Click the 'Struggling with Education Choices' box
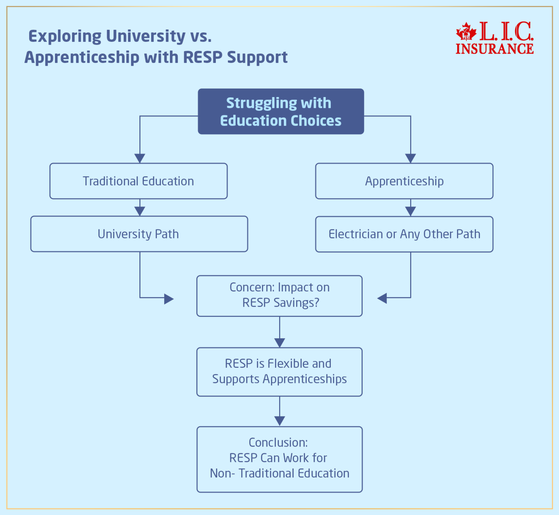pyautogui.click(x=281, y=112)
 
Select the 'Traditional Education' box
pyautogui.click(x=138, y=181)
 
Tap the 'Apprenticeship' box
pyautogui.click(x=404, y=181)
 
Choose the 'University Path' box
pyautogui.click(x=139, y=234)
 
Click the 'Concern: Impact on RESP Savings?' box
pyautogui.click(x=279, y=296)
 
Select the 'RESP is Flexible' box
pyautogui.click(x=279, y=371)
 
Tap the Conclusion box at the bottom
pyautogui.click(x=279, y=459)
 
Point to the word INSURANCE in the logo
pyautogui.click(x=495, y=49)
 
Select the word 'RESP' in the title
pyautogui.click(x=203, y=57)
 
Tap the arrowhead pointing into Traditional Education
pyautogui.click(x=140, y=158)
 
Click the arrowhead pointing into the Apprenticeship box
pyautogui.click(x=411, y=158)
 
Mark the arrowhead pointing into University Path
pyautogui.click(x=140, y=211)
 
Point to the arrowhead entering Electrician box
pyautogui.click(x=411, y=211)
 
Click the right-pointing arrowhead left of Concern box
pyautogui.click(x=169, y=299)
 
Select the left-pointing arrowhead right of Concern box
pyautogui.click(x=382, y=299)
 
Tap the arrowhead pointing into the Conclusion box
pyautogui.click(x=279, y=421)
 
